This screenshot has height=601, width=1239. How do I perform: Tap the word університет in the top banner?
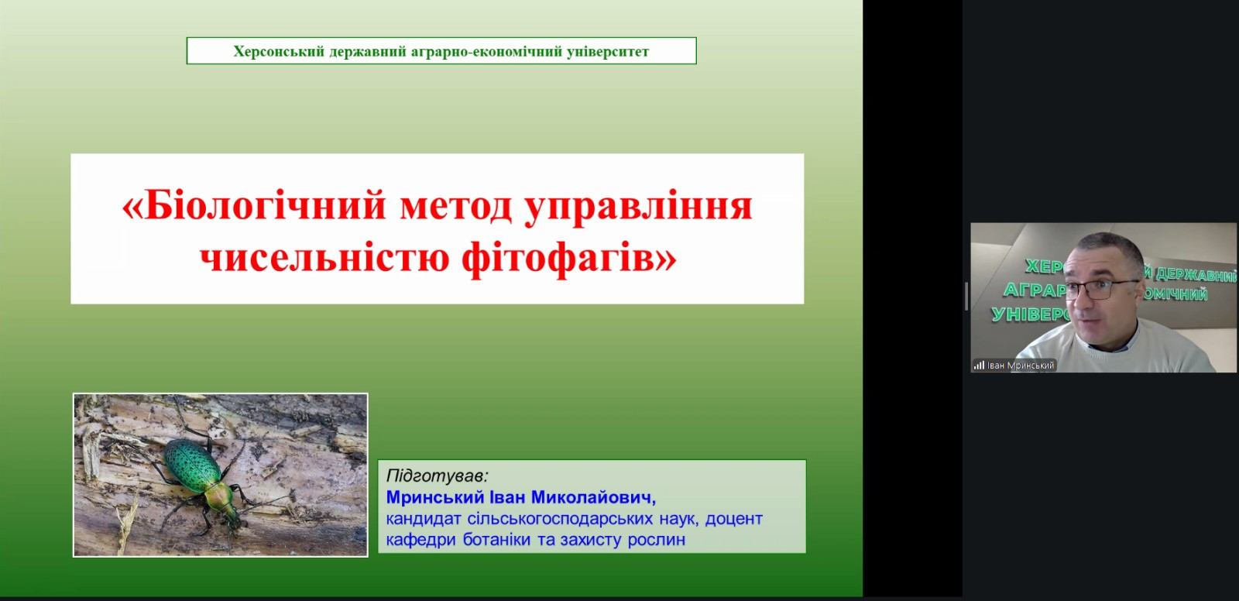pyautogui.click(x=608, y=51)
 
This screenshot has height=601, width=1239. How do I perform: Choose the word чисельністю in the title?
pyautogui.click(x=324, y=257)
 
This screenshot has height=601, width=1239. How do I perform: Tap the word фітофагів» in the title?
pyautogui.click(x=569, y=259)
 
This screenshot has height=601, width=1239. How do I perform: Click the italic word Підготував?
pyautogui.click(x=437, y=476)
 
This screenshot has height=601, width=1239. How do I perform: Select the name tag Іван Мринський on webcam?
pyautogui.click(x=1021, y=366)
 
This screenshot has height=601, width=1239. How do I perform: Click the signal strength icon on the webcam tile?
pyautogui.click(x=979, y=366)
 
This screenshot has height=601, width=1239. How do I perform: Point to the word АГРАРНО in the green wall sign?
pyautogui.click(x=1034, y=290)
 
